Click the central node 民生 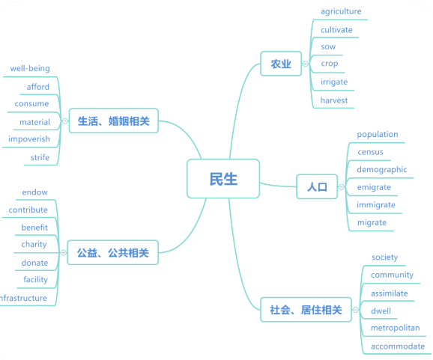223,178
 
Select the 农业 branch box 281,64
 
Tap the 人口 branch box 317,187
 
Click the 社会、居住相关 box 306,310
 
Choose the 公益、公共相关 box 112,252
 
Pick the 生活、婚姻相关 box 114,120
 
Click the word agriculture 341,11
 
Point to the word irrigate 334,82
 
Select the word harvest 334,100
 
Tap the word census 370,152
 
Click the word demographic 382,170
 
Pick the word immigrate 376,205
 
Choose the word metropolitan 395,328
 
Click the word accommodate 398,347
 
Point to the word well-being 30,68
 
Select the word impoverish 29,138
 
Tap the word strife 40,157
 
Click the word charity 34,245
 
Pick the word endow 34,192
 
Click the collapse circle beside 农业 306,64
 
